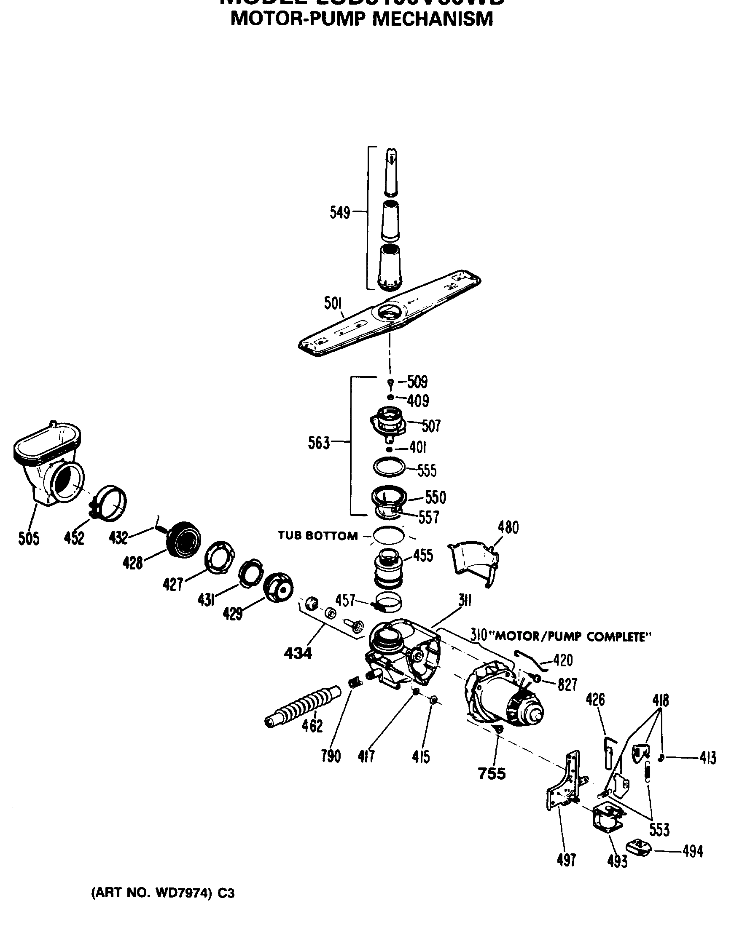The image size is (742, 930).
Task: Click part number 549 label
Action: click(x=339, y=212)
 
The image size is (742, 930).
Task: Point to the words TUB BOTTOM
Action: click(x=318, y=536)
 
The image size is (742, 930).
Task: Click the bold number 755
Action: click(x=492, y=774)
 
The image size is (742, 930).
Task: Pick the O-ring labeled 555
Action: click(x=388, y=468)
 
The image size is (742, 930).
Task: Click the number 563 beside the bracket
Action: click(x=319, y=443)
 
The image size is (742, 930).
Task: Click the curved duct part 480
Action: click(x=473, y=561)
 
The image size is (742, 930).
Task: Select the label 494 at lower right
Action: click(x=692, y=852)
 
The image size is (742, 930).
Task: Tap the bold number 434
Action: click(x=298, y=654)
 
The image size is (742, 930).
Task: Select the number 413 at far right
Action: click(x=708, y=758)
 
